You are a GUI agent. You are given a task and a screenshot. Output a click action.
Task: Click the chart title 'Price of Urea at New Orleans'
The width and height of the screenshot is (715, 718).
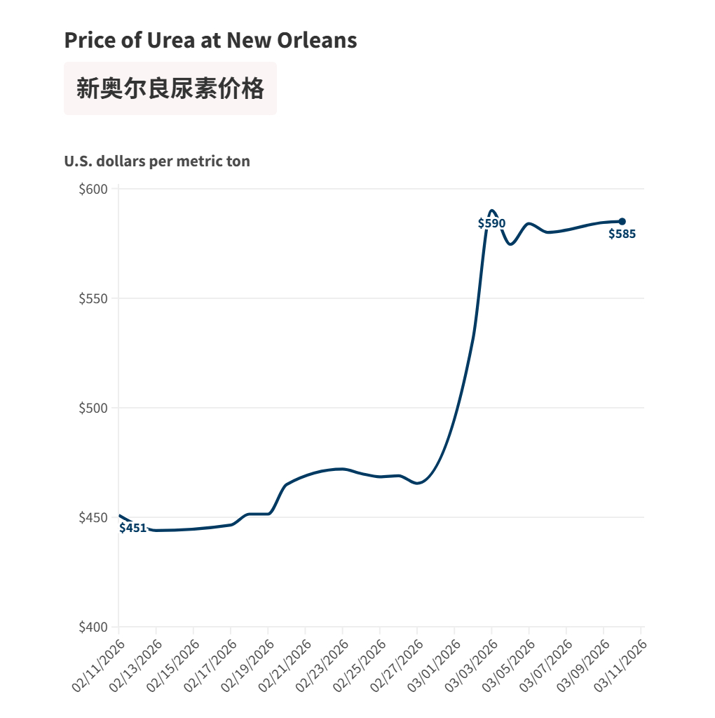(210, 40)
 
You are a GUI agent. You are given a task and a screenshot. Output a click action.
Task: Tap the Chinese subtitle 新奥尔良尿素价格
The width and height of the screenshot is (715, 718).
(170, 88)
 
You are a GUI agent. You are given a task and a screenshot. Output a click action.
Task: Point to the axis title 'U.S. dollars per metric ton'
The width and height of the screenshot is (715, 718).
(157, 161)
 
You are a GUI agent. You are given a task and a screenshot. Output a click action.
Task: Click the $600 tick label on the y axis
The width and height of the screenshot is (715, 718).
(93, 189)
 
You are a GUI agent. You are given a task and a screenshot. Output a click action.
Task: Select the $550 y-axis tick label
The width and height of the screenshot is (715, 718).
(93, 298)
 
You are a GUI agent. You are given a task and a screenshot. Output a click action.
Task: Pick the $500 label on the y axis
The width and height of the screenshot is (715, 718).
(93, 408)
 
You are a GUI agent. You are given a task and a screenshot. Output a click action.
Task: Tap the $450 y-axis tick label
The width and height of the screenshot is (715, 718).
(93, 518)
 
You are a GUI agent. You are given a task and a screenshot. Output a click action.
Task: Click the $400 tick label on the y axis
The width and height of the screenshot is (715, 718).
(93, 627)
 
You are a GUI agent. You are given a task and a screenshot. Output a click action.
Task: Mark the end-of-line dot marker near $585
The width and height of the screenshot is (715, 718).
(622, 222)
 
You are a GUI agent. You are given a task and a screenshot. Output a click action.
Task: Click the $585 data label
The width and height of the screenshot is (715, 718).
(622, 234)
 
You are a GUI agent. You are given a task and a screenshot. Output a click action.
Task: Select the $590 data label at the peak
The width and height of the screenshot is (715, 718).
(491, 223)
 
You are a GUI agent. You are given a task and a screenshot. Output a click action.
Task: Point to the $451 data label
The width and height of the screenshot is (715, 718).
(133, 528)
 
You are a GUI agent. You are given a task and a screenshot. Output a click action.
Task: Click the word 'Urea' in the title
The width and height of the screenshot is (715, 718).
(170, 40)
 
